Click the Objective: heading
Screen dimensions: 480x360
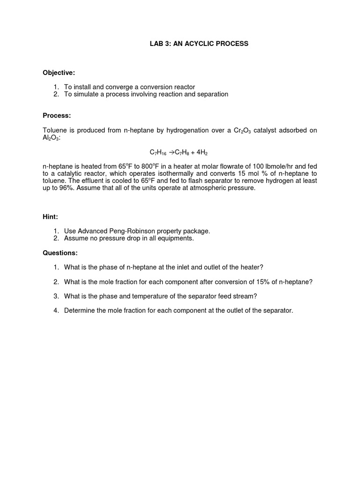pos(59,73)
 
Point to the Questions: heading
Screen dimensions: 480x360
pos(60,253)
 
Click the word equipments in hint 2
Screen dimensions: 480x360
pos(177,238)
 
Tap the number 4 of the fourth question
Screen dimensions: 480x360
pos(55,310)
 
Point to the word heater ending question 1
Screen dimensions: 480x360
pos(251,267)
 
